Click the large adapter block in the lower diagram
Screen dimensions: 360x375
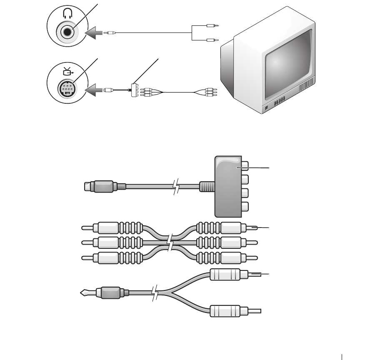(227, 186)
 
